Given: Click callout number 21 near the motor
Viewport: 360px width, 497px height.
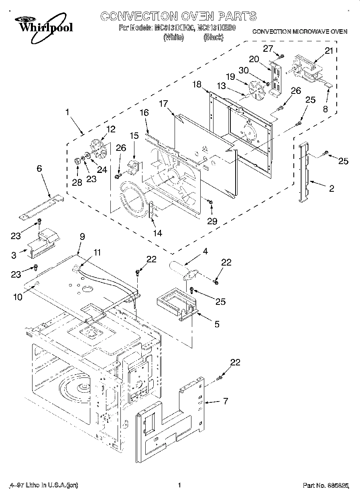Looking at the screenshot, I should coord(329,51).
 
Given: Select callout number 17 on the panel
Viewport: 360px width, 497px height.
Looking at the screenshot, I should coord(163,103).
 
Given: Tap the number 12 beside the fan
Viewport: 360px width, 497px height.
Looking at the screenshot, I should coord(110,129).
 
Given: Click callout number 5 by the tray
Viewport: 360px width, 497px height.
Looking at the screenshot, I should coord(217,325).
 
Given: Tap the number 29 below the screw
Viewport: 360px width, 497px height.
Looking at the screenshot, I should coord(212,221).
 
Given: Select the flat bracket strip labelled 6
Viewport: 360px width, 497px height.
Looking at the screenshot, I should coord(41,207).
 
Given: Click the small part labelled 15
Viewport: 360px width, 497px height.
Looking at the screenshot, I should coord(133,165).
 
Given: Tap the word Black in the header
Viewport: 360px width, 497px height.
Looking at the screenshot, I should coord(213,38).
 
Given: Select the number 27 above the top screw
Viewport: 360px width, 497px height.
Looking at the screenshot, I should coord(268,48).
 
